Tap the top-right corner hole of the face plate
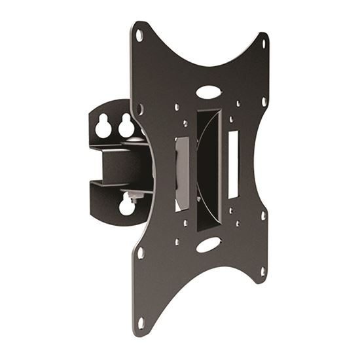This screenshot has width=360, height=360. (264, 45)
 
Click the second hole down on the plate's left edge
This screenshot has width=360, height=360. (139, 106)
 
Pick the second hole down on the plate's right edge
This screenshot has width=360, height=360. (264, 102)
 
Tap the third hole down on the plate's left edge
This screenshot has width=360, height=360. (140, 251)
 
